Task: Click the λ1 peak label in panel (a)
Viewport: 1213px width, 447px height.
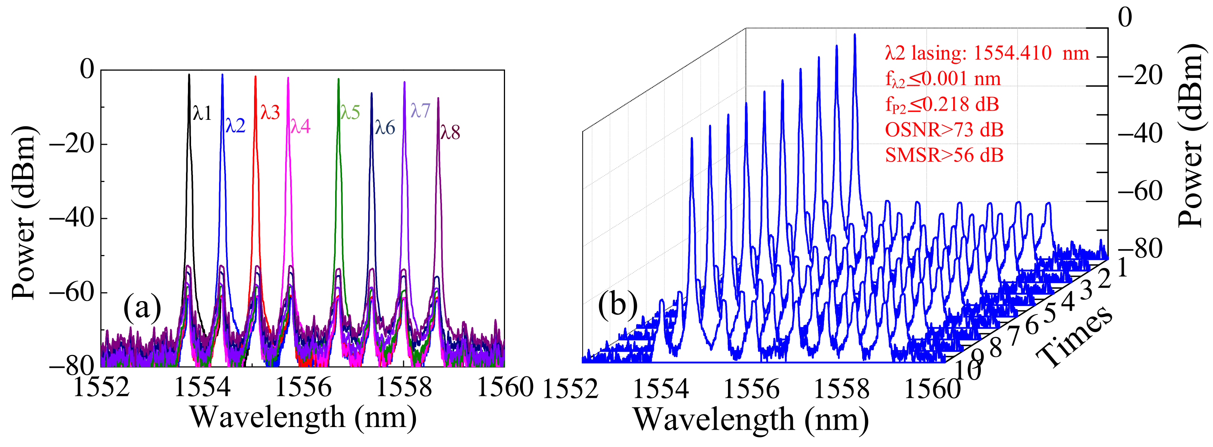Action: pos(202,113)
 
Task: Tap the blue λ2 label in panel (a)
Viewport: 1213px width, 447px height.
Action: pos(236,126)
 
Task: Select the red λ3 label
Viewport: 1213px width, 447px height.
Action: pos(270,113)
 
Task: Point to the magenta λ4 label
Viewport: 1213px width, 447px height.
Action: pos(301,127)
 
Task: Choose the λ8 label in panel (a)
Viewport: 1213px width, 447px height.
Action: pos(450,133)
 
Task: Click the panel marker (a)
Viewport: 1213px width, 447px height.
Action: pos(142,309)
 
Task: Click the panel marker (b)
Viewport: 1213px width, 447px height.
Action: pos(617,305)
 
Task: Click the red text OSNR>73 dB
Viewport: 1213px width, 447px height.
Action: pos(944,130)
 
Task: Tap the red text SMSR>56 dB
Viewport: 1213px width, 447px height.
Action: pos(944,155)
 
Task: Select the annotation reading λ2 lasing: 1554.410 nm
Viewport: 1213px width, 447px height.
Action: pos(987,53)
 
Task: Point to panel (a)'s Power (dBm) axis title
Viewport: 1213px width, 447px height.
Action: pos(23,213)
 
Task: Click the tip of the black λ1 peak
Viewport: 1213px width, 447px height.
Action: pos(189,74)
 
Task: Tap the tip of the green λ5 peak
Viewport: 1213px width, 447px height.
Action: pos(339,79)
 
